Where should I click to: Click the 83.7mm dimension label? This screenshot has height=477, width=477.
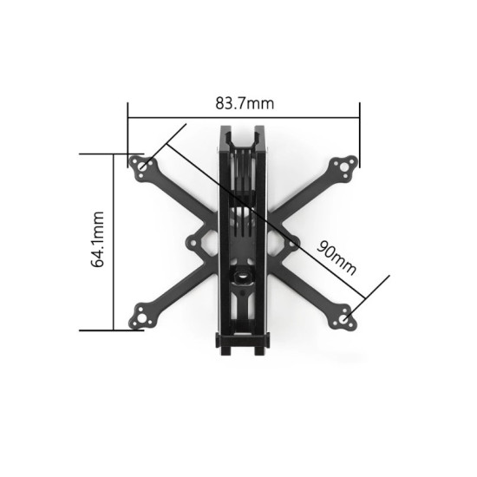pyautogui.click(x=245, y=103)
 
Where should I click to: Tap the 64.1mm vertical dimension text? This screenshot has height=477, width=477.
pyautogui.click(x=98, y=239)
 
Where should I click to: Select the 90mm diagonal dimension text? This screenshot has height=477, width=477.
pyautogui.click(x=337, y=258)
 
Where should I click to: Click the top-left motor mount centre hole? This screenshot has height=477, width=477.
pyautogui.click(x=143, y=167)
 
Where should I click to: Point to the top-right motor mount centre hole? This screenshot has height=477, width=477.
pyautogui.click(x=344, y=167)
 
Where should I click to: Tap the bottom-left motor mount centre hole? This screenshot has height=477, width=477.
pyautogui.click(x=140, y=318)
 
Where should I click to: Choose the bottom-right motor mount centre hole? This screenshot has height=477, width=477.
pyautogui.click(x=344, y=319)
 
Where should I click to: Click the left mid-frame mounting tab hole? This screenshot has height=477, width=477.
pyautogui.click(x=193, y=244)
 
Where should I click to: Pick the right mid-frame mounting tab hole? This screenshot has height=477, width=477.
pyautogui.click(x=292, y=244)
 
